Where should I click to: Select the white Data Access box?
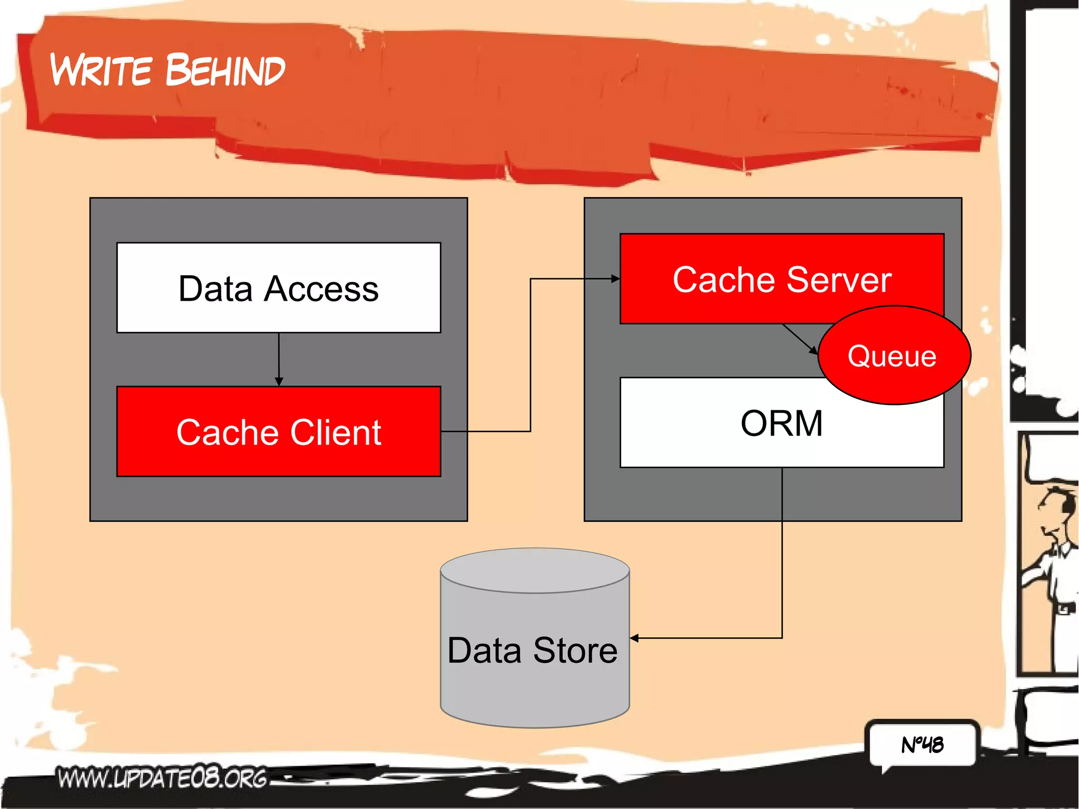(279, 288)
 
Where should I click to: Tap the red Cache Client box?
(279, 432)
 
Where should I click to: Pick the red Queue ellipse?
(893, 356)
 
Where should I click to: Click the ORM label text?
(781, 423)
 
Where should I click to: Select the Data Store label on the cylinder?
(532, 650)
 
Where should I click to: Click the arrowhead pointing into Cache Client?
(279, 382)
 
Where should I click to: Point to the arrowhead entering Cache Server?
(615, 279)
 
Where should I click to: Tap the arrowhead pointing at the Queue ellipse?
(813, 350)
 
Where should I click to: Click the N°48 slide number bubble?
(922, 744)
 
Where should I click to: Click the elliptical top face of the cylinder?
(535, 570)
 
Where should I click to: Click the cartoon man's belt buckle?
(1064, 609)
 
